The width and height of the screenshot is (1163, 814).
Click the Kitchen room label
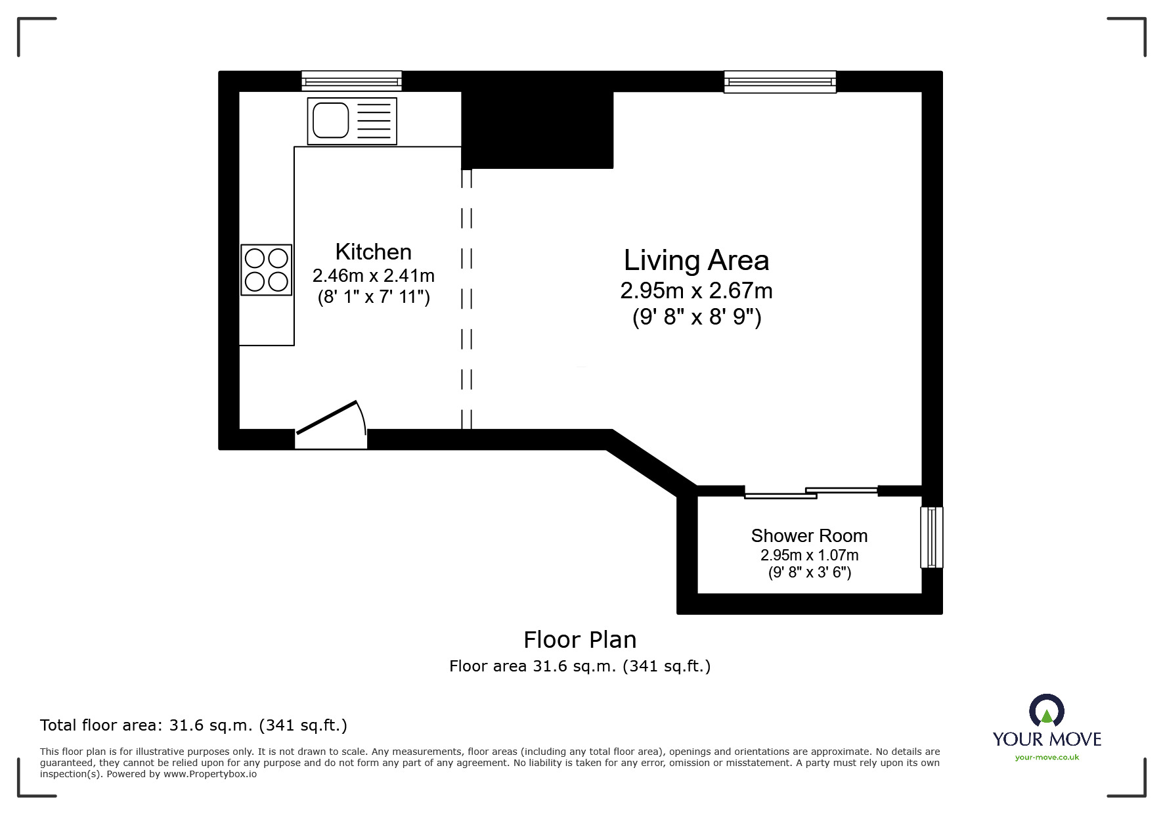[x=373, y=252]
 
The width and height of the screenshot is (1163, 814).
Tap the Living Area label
[x=696, y=261]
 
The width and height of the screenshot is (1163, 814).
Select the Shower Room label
[x=809, y=536]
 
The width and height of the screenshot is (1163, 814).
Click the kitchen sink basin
[x=330, y=120]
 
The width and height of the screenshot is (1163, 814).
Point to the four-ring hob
[x=267, y=270]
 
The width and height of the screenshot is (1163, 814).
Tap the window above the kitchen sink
[x=351, y=81]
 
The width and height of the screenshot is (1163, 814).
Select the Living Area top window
[x=780, y=81]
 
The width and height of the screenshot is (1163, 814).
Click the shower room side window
[x=931, y=537]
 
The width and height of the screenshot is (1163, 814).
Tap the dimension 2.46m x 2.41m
[x=373, y=276]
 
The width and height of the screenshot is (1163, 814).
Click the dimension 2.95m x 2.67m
[x=696, y=291]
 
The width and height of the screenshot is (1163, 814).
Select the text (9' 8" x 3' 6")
[x=809, y=573]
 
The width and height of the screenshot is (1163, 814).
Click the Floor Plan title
[x=580, y=640]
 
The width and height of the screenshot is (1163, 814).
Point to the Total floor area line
[x=193, y=725]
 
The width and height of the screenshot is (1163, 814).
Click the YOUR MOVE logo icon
[x=1046, y=712]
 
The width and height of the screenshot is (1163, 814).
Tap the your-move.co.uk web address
[x=1047, y=757]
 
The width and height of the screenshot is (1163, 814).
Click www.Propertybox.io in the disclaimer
[x=209, y=774]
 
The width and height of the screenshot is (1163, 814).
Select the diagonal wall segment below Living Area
[x=651, y=464]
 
